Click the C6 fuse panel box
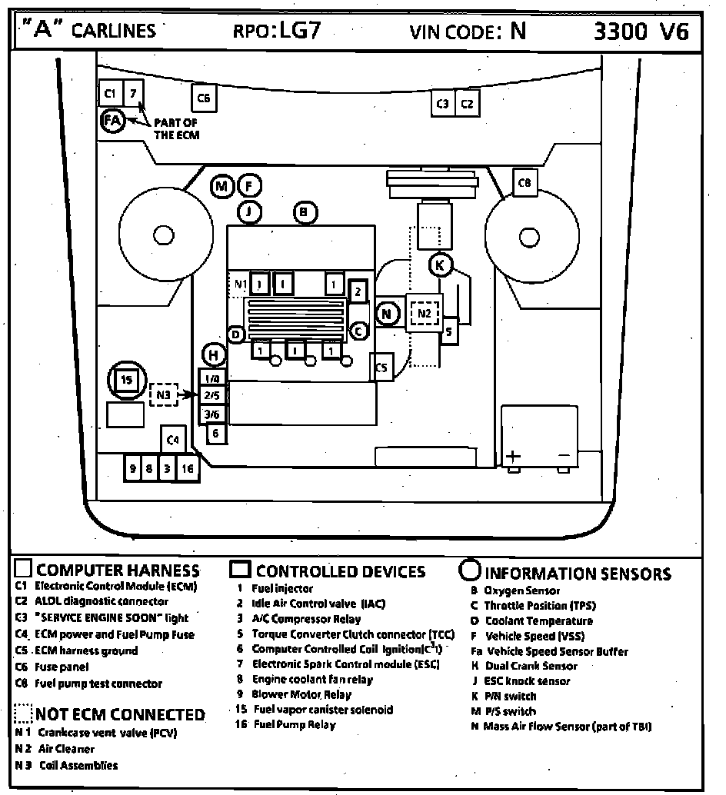[x=204, y=98]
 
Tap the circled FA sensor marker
[x=112, y=120]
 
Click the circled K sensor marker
[x=440, y=265]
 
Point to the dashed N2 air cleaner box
[x=425, y=313]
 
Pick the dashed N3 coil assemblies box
[x=163, y=395]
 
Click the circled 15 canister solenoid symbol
[x=126, y=380]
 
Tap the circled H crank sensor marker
[x=213, y=354]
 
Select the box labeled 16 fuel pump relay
[x=187, y=467]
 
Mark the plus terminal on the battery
[x=513, y=456]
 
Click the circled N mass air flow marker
[x=388, y=313]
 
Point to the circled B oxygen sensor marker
[x=305, y=211]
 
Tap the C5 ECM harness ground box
[x=381, y=368]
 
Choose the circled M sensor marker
[x=221, y=186]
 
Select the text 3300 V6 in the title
[x=641, y=31]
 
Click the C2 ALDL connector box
[x=467, y=103]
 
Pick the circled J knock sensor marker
[x=249, y=211]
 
